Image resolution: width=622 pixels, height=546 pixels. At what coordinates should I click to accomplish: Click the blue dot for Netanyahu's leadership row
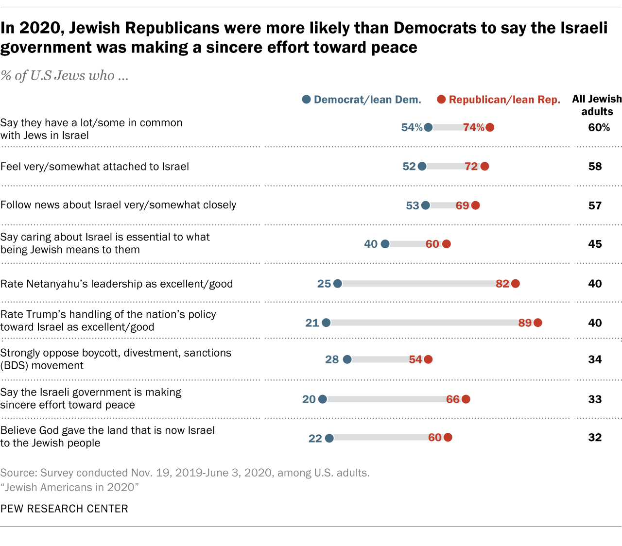click(338, 284)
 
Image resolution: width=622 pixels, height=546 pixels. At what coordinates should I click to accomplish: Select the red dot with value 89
click(537, 323)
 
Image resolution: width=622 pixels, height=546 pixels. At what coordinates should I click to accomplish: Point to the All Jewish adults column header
click(597, 105)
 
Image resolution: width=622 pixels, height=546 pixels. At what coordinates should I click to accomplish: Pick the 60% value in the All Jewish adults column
click(599, 128)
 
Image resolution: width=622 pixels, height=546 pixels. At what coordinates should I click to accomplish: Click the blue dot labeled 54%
click(428, 127)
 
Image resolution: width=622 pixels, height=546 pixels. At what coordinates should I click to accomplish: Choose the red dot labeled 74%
click(490, 127)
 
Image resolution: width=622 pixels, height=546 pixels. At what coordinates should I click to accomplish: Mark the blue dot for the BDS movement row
click(347, 359)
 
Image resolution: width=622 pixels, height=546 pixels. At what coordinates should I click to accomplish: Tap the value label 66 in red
click(452, 399)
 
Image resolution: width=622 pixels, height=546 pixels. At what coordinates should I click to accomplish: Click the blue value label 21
click(312, 323)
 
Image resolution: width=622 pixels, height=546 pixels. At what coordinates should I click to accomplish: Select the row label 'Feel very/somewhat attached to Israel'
click(95, 167)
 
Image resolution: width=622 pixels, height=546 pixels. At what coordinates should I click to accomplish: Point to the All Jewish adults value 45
click(595, 244)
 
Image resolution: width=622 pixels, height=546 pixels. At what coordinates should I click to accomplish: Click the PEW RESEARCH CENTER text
click(64, 509)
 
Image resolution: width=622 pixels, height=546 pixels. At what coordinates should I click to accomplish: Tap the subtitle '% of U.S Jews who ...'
click(64, 76)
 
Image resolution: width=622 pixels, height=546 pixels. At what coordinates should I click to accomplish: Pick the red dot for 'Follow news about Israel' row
click(475, 205)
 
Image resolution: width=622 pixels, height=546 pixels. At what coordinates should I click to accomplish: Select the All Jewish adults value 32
click(595, 438)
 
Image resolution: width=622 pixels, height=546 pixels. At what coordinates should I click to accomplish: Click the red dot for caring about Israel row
click(447, 244)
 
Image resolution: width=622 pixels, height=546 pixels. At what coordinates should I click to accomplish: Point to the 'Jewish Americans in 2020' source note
click(69, 487)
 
